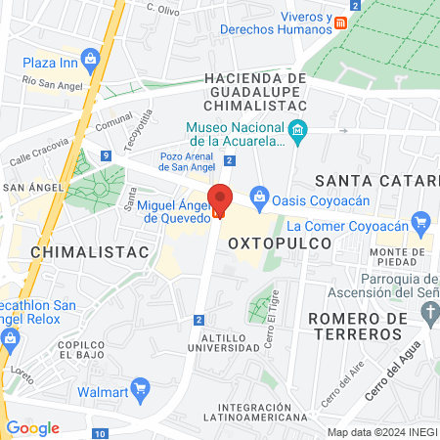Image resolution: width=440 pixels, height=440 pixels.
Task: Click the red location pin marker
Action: [220, 200]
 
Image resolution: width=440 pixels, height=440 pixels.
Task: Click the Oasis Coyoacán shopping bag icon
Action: [258, 196]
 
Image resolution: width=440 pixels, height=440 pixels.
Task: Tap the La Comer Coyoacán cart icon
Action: [420, 222]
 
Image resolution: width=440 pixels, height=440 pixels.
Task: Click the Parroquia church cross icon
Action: [429, 312]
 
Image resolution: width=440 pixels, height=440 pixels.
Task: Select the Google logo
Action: [33, 427]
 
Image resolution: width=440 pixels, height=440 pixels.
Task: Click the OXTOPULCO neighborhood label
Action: [274, 241]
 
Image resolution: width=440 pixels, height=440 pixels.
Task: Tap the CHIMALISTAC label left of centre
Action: [76, 252]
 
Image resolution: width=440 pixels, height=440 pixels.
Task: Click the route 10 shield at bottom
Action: [101, 433]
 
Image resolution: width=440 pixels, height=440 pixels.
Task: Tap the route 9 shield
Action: [105, 155]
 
